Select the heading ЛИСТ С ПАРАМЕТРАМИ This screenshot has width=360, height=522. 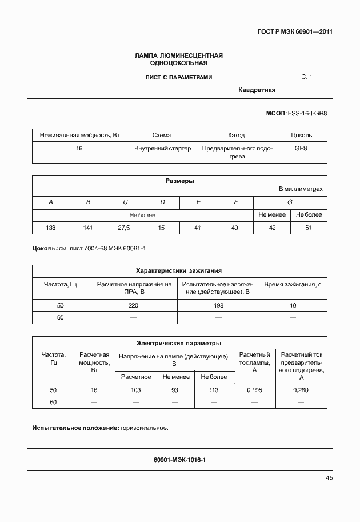(x=179, y=77)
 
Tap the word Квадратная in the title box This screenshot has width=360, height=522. (x=257, y=90)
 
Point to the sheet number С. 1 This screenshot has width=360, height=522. (x=307, y=77)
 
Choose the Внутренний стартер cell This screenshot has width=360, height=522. (x=162, y=148)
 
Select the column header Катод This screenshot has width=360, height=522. (x=236, y=135)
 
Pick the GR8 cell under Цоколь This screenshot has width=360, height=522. (x=301, y=148)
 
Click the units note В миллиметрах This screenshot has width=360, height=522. (x=301, y=189)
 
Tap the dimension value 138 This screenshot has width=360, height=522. (x=50, y=228)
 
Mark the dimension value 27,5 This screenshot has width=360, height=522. (x=124, y=228)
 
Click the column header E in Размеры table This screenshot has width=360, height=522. (x=198, y=202)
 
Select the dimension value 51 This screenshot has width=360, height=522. (x=309, y=228)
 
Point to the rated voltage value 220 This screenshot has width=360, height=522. (x=133, y=305)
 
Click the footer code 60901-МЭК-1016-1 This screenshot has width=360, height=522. (x=179, y=459)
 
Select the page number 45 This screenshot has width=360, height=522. (x=329, y=477)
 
